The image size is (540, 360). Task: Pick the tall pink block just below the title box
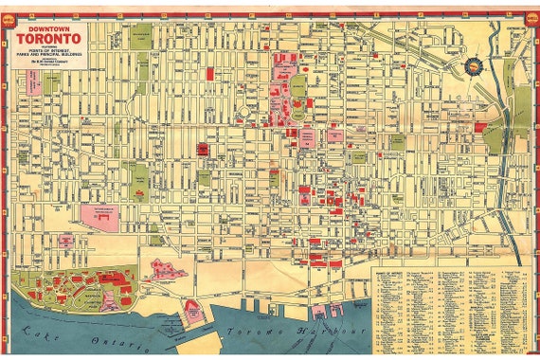pyautogui.click(x=33, y=82)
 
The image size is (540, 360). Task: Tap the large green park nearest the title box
pyautogui.click(x=141, y=39)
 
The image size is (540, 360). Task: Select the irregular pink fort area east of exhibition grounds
pyautogui.click(x=167, y=270)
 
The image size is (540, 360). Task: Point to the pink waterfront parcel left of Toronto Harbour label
pyautogui.click(x=195, y=311)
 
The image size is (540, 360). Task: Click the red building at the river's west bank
pyautogui.click(x=480, y=126)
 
